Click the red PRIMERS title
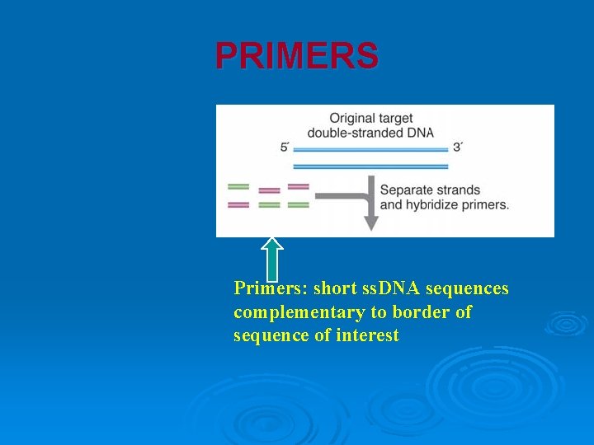(x=297, y=56)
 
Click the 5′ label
(x=285, y=148)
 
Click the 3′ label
(x=458, y=148)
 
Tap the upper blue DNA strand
(x=370, y=150)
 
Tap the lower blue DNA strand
(x=370, y=166)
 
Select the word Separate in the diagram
(x=407, y=190)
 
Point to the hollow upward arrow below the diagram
(x=272, y=259)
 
